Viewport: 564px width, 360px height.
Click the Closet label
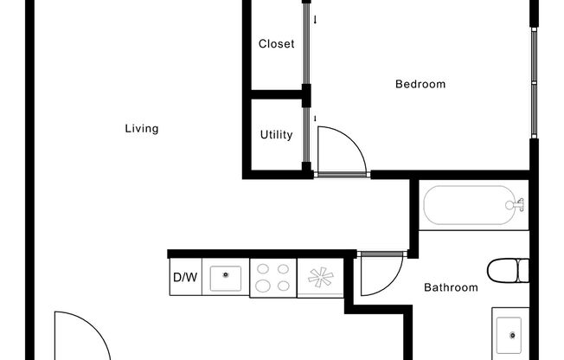pos(276,43)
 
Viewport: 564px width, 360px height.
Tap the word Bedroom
pos(420,84)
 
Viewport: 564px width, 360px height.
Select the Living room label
pos(142,129)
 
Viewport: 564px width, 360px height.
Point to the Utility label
pos(276,135)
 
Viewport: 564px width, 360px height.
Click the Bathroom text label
pos(450,287)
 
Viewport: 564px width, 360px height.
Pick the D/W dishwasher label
pos(184,278)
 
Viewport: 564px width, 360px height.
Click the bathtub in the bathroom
pos(474,206)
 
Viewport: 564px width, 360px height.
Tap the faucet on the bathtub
pos(517,206)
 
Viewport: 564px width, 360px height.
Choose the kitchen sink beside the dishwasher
pos(227,277)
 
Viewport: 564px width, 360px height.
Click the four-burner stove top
pos(272,277)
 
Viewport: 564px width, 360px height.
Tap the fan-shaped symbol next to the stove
pos(320,278)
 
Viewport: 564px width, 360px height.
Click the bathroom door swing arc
pos(379,275)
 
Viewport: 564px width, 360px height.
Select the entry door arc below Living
pos(82,335)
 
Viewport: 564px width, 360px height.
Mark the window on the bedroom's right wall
pos(534,82)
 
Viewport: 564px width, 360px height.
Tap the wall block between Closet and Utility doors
pos(305,95)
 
